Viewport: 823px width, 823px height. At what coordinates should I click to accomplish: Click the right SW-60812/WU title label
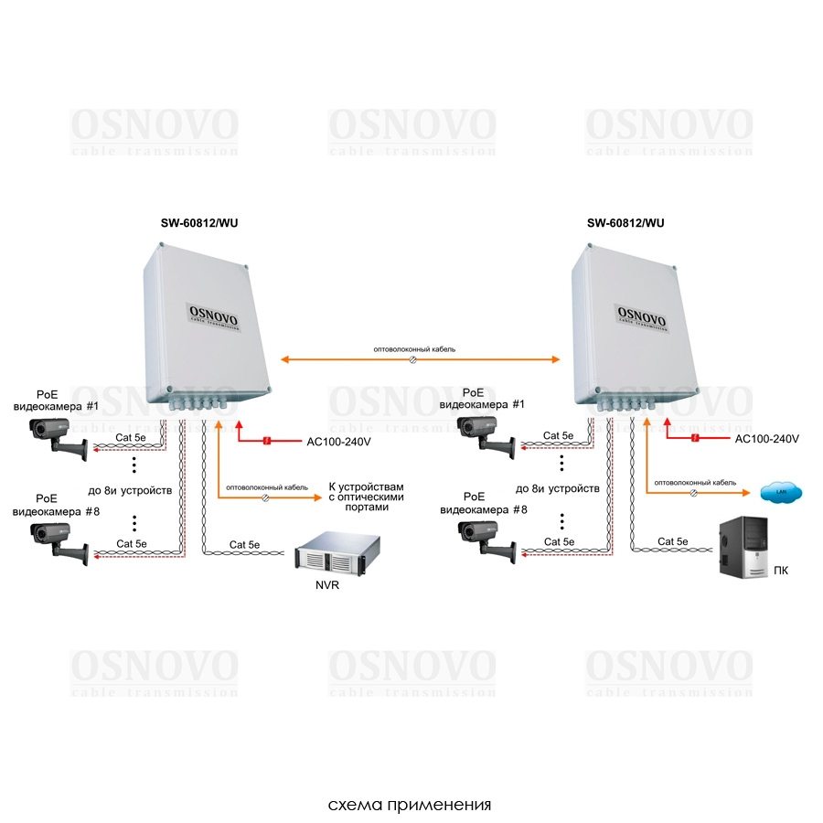point(625,222)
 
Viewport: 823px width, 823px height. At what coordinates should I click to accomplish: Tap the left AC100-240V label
point(337,441)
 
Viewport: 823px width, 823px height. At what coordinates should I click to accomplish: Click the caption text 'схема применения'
point(411,806)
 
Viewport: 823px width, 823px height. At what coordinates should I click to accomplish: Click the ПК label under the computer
point(780,571)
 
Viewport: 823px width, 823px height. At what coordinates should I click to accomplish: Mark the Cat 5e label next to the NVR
point(246,544)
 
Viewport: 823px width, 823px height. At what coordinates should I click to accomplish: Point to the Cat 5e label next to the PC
point(672,541)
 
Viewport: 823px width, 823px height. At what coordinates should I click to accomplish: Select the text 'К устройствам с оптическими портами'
point(365,497)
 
